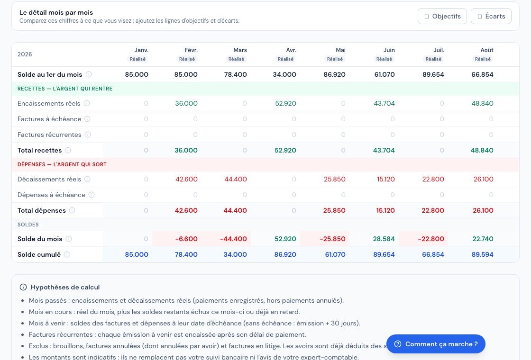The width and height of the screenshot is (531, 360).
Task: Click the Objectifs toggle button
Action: pyautogui.click(x=442, y=16)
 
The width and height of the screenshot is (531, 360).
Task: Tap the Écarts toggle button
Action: pyautogui.click(x=491, y=16)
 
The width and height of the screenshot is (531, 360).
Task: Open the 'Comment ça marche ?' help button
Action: pyautogui.click(x=436, y=344)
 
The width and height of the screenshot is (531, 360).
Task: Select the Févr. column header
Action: pyautogui.click(x=191, y=50)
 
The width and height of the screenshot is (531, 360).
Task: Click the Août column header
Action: pyautogui.click(x=486, y=50)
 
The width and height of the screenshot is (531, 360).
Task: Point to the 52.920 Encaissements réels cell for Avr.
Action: pyautogui.click(x=285, y=104)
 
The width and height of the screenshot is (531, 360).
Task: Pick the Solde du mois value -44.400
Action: pyautogui.click(x=233, y=239)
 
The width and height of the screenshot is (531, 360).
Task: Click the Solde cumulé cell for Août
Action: pyautogui.click(x=483, y=254)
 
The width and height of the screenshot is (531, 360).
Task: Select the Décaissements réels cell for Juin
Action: pyautogui.click(x=386, y=180)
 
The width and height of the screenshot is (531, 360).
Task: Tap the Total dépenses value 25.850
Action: pyautogui.click(x=334, y=210)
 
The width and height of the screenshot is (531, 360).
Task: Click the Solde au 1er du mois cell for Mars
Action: pyautogui.click(x=235, y=74)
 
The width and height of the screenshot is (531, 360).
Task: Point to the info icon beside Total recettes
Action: pyautogui.click(x=68, y=150)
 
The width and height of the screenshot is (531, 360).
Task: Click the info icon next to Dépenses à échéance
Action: pyautogui.click(x=92, y=195)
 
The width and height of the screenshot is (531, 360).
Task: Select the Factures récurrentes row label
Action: pyautogui.click(x=49, y=135)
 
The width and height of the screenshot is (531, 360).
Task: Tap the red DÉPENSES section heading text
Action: pyautogui.click(x=62, y=164)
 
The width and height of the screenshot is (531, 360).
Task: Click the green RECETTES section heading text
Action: pyautogui.click(x=65, y=89)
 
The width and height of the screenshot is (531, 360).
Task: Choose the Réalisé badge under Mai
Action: pyautogui.click(x=335, y=59)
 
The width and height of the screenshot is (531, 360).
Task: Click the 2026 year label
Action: pyautogui.click(x=25, y=54)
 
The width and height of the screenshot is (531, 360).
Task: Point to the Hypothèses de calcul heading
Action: pyautogui.click(x=65, y=287)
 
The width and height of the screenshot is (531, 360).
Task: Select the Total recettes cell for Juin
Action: pyautogui.click(x=384, y=150)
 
